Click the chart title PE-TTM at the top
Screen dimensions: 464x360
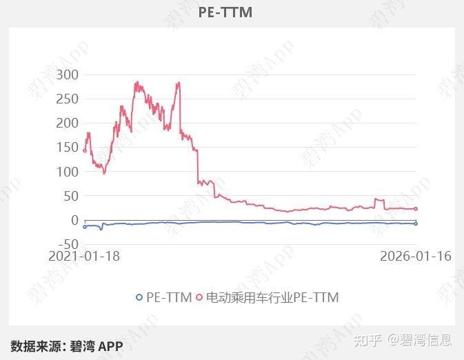pyautogui.click(x=225, y=12)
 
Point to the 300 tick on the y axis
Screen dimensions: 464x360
pyautogui.click(x=68, y=75)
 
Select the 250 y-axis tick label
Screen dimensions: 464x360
pyautogui.click(x=68, y=99)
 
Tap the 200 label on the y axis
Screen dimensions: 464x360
pyautogui.click(x=68, y=123)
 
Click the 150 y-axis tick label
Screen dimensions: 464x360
pyautogui.click(x=68, y=148)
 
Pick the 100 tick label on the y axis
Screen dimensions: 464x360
pyautogui.click(x=68, y=172)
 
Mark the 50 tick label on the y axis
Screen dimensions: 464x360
pyautogui.click(x=71, y=196)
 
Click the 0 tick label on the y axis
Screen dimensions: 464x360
pyautogui.click(x=75, y=220)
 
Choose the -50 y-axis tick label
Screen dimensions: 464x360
pyautogui.click(x=69, y=245)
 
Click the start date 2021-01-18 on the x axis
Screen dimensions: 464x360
pyautogui.click(x=84, y=256)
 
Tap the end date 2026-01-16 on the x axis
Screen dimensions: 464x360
pyautogui.click(x=416, y=256)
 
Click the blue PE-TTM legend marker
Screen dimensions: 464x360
pyautogui.click(x=139, y=297)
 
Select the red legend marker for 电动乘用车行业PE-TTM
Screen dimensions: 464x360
pyautogui.click(x=199, y=297)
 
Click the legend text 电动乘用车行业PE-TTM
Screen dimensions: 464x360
pyautogui.click(x=272, y=297)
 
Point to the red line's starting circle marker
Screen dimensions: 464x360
pyautogui.click(x=85, y=151)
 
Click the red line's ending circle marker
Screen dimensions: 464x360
pyautogui.click(x=416, y=209)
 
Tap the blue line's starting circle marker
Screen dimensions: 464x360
pyautogui.click(x=85, y=227)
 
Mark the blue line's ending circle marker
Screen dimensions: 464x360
pyautogui.click(x=416, y=224)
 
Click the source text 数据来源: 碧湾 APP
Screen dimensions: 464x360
pyautogui.click(x=67, y=346)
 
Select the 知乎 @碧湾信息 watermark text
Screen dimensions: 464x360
pyautogui.click(x=403, y=340)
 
